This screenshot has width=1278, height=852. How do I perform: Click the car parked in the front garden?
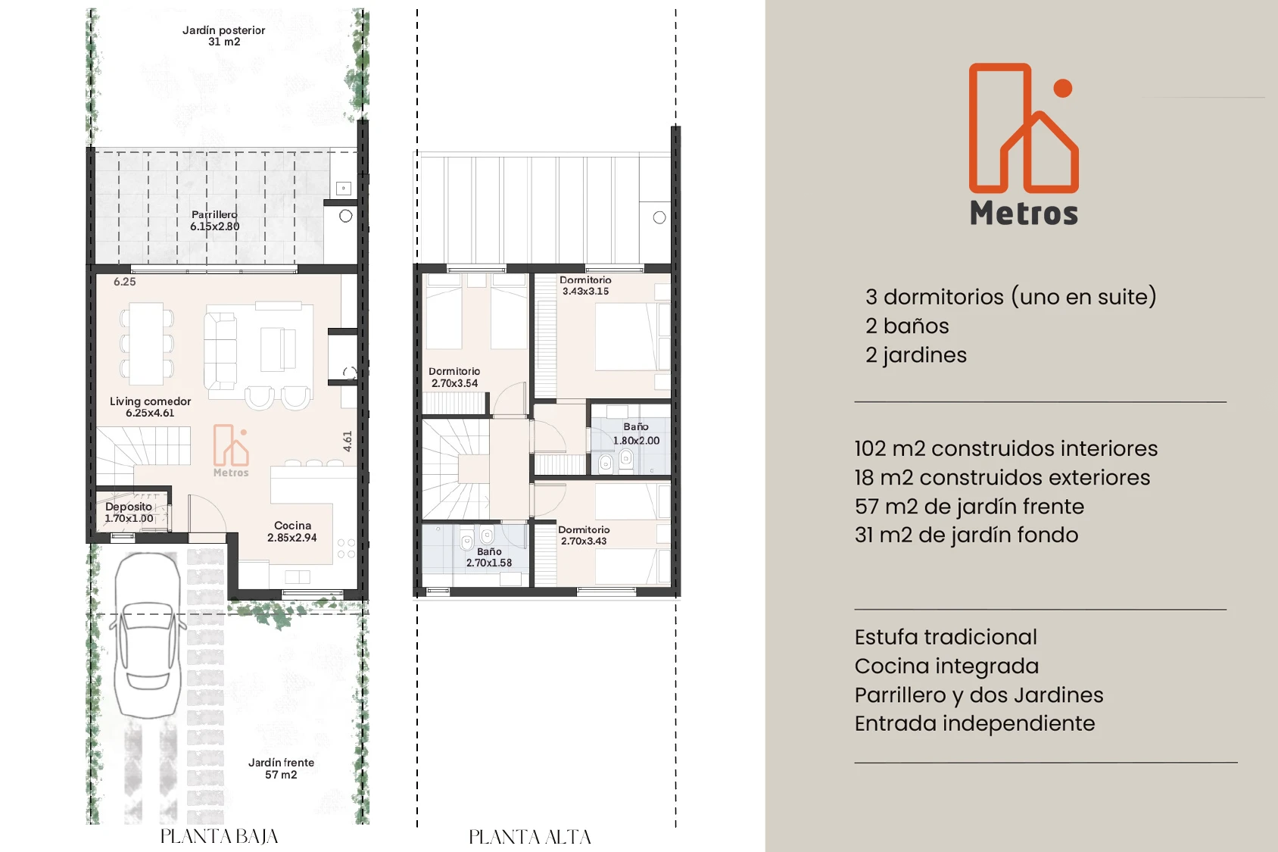pos(148,635)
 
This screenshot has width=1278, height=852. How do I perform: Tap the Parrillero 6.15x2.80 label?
pos(214,220)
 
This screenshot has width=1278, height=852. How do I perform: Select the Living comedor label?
pos(150,407)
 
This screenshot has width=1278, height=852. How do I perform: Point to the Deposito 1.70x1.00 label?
pos(129,513)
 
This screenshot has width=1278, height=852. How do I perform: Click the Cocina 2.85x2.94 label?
pos(292,532)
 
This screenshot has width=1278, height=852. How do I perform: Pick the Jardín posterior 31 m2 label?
pos(223,36)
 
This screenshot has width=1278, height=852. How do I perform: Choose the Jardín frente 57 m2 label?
pos(282,768)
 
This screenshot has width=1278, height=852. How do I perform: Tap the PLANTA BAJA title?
pos(219,837)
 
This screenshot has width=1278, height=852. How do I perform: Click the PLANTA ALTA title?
pos(530,837)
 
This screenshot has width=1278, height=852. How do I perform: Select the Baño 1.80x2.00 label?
pos(636,434)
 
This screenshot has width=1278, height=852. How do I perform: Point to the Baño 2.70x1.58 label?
pos(489,557)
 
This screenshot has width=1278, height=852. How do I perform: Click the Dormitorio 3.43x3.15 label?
pos(585,286)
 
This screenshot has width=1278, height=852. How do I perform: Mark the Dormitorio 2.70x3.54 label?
pos(454,377)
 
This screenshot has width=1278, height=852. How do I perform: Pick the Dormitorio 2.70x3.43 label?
pos(584,535)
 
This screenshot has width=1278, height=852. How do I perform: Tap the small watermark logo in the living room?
pos(231,451)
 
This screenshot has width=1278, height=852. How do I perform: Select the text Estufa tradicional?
pos(946,637)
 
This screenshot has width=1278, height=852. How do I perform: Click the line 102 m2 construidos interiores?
pos(1006,448)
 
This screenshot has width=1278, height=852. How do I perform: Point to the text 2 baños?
pos(907,326)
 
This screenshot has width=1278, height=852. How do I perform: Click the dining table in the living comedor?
pos(147,344)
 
